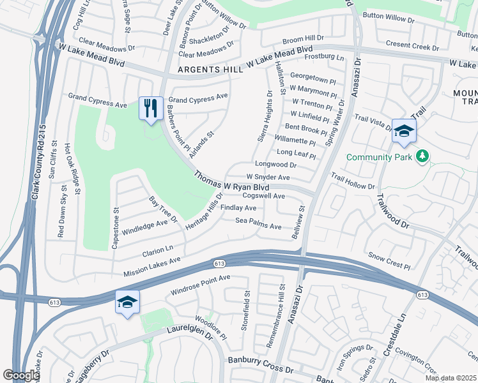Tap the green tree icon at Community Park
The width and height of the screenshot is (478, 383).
click(x=422, y=156)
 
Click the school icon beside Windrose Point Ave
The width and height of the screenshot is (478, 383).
click(x=127, y=303)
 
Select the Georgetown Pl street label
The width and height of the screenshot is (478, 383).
click(x=312, y=81)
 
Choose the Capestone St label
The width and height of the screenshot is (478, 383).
click(x=116, y=227)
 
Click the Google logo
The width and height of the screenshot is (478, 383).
click(x=21, y=375)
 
